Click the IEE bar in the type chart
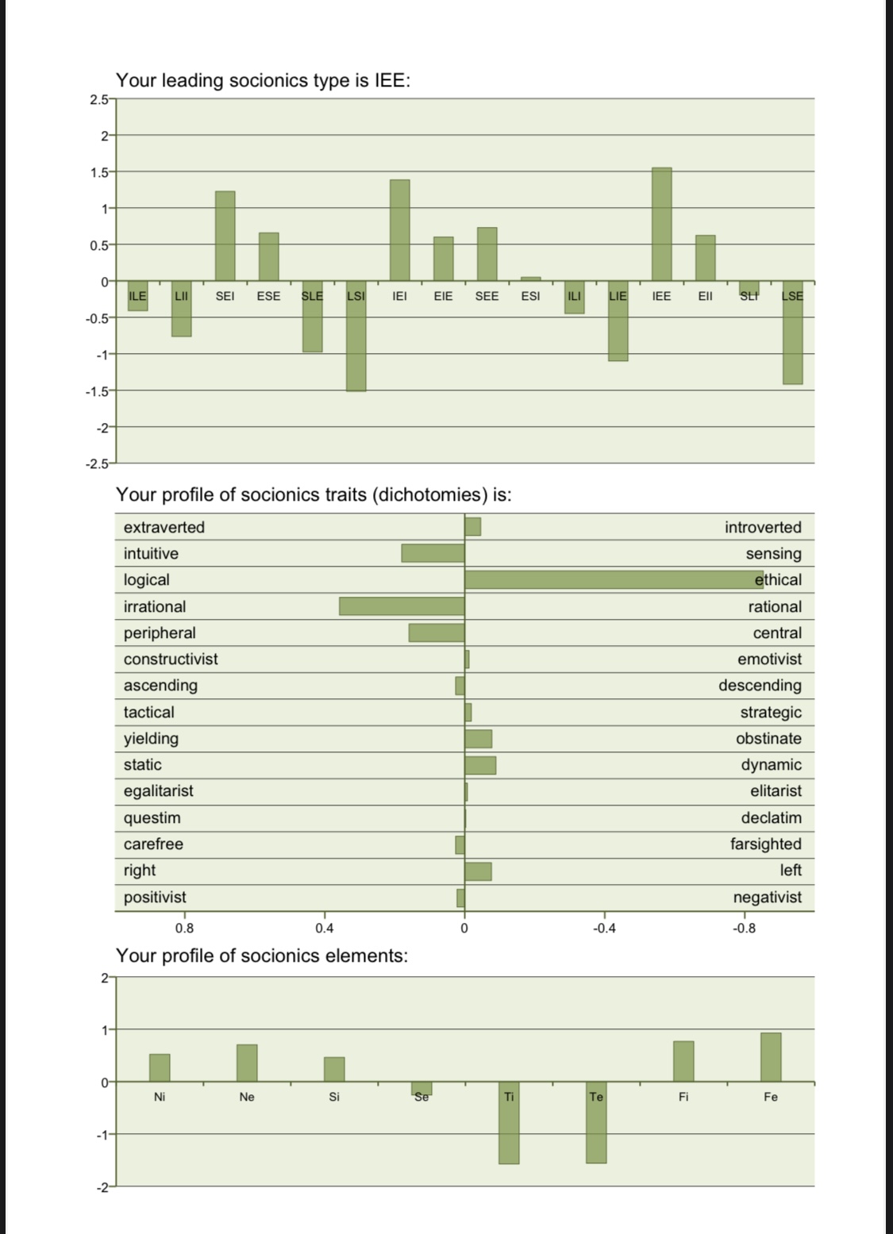(661, 225)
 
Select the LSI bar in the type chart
(356, 336)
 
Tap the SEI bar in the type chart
(225, 236)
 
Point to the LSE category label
(792, 296)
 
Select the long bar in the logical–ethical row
(613, 579)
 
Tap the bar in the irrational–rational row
(402, 606)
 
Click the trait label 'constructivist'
(171, 659)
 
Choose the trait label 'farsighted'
(765, 844)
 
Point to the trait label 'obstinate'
(768, 738)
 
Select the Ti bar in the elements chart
(509, 1123)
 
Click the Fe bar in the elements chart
(771, 1057)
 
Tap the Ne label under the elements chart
(247, 1097)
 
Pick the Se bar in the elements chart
(421, 1088)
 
